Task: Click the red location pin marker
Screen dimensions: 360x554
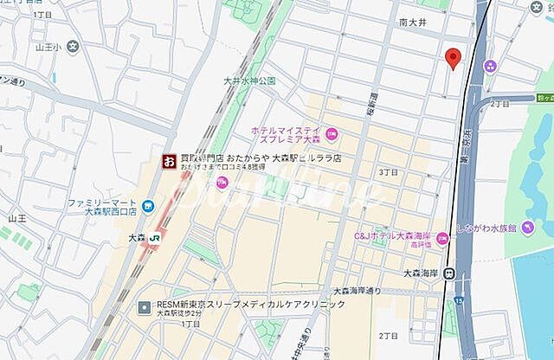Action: (x=452, y=57)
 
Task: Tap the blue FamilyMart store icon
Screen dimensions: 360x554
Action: (x=149, y=205)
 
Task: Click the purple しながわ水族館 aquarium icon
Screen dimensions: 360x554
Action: (x=525, y=227)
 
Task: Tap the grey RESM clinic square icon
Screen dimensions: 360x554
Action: (x=145, y=305)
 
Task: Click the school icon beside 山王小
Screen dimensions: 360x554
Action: (x=74, y=46)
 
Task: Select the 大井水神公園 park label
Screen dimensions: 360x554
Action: (x=249, y=80)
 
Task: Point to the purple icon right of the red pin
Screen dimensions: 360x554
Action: (x=490, y=66)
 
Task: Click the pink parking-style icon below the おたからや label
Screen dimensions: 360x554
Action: (x=222, y=182)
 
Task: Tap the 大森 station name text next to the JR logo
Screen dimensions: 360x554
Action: (x=136, y=236)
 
